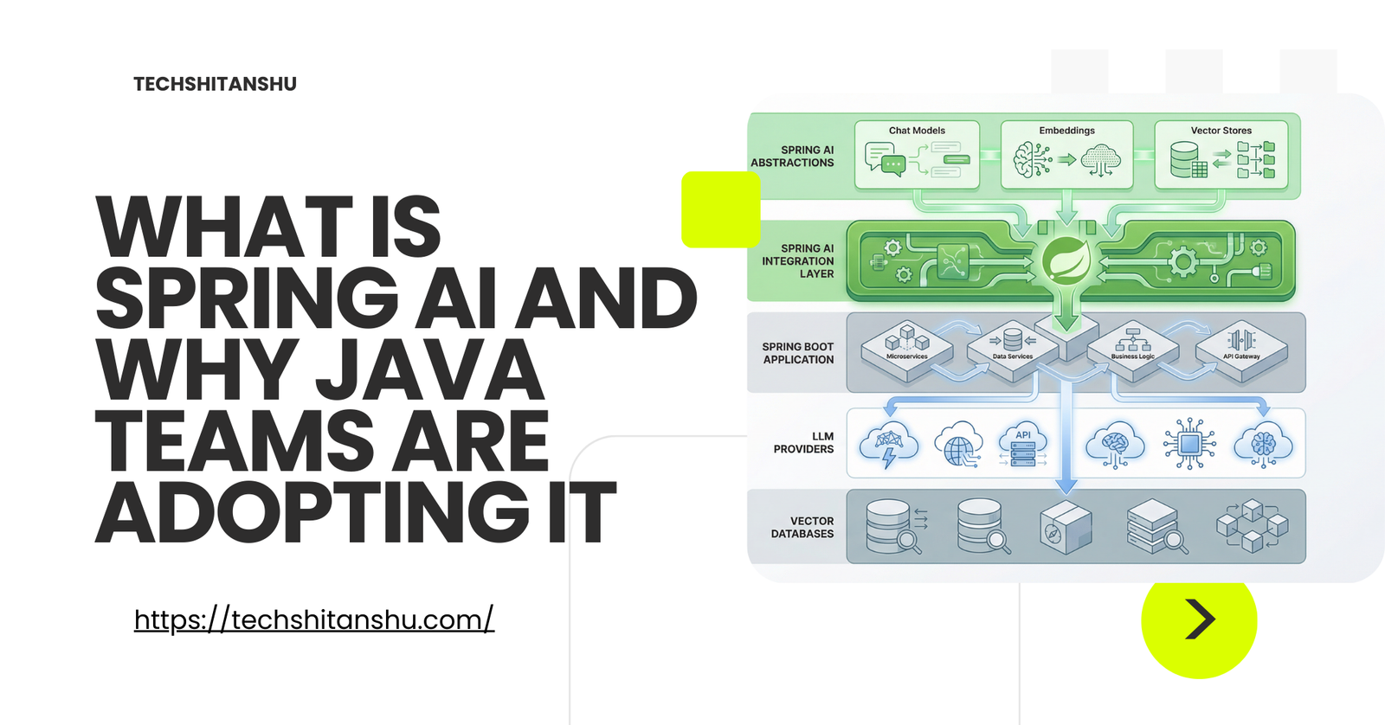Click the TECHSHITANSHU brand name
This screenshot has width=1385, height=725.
click(216, 84)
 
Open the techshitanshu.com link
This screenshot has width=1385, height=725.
click(314, 619)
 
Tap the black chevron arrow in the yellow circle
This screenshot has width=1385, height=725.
click(1201, 619)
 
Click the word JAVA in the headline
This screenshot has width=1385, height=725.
click(430, 369)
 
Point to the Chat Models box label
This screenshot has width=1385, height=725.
click(917, 131)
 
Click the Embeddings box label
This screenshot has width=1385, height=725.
click(1066, 131)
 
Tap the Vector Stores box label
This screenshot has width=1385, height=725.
click(1221, 131)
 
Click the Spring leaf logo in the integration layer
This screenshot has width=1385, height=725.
click(1066, 260)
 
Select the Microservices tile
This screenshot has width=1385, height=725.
click(907, 350)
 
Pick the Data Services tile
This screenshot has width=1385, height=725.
click(1013, 350)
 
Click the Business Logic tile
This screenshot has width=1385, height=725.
click(1133, 350)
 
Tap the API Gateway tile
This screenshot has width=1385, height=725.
click(1241, 350)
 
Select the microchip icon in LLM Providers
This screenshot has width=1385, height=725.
click(1189, 444)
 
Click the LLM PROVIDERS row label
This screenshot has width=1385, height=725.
click(803, 443)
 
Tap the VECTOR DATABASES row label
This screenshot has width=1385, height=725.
click(802, 527)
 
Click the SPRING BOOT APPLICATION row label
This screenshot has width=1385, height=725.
click(797, 353)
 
